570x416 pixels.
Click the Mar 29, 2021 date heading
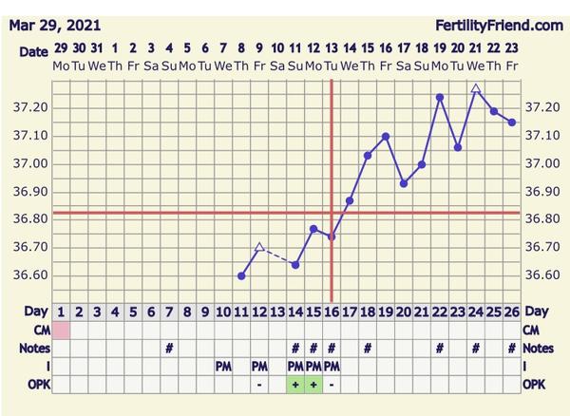(56, 25)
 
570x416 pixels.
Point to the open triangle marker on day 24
(476, 88)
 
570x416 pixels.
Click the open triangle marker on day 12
(259, 247)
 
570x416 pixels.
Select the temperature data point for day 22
(440, 97)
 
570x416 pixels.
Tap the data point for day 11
(241, 275)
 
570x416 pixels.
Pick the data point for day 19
(386, 136)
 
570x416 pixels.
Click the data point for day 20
(404, 183)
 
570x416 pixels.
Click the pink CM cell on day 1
(61, 330)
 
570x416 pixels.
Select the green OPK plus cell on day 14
(295, 385)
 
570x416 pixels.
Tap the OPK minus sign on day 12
(259, 385)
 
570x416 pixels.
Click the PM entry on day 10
(223, 367)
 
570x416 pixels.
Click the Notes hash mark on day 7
(169, 348)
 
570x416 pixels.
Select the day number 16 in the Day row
(332, 312)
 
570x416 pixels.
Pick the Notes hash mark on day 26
(512, 348)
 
